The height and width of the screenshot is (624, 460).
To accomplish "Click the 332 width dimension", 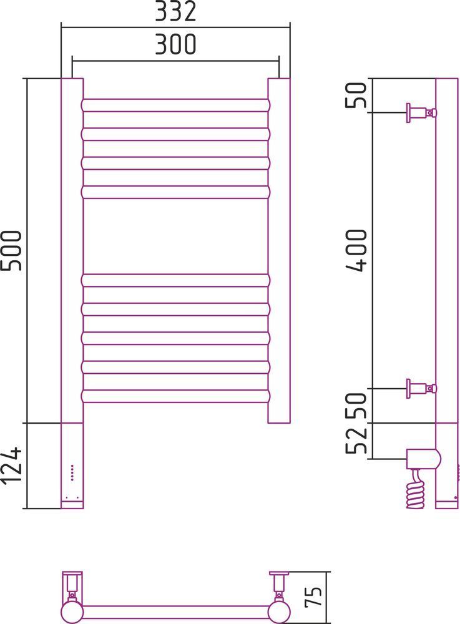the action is (175, 11).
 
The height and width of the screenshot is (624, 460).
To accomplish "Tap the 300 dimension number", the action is (175, 44).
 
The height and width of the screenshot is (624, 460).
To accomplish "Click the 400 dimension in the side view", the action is (356, 250).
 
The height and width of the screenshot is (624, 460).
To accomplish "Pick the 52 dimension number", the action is (356, 439).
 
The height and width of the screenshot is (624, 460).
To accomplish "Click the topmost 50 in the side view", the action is (356, 95).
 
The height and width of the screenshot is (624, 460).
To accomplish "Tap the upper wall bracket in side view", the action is (422, 113).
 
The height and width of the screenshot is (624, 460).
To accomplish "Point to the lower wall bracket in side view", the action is (422, 388).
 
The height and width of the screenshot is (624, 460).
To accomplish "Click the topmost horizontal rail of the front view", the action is (175, 105).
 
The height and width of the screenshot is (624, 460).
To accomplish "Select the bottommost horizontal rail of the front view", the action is (175, 396).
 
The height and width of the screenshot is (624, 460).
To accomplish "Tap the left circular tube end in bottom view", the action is (72, 613).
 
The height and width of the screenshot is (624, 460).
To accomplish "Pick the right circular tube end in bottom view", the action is (279, 613).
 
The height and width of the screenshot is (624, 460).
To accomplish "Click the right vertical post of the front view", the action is (279, 250).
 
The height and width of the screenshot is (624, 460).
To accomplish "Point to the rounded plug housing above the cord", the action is (423, 459).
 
